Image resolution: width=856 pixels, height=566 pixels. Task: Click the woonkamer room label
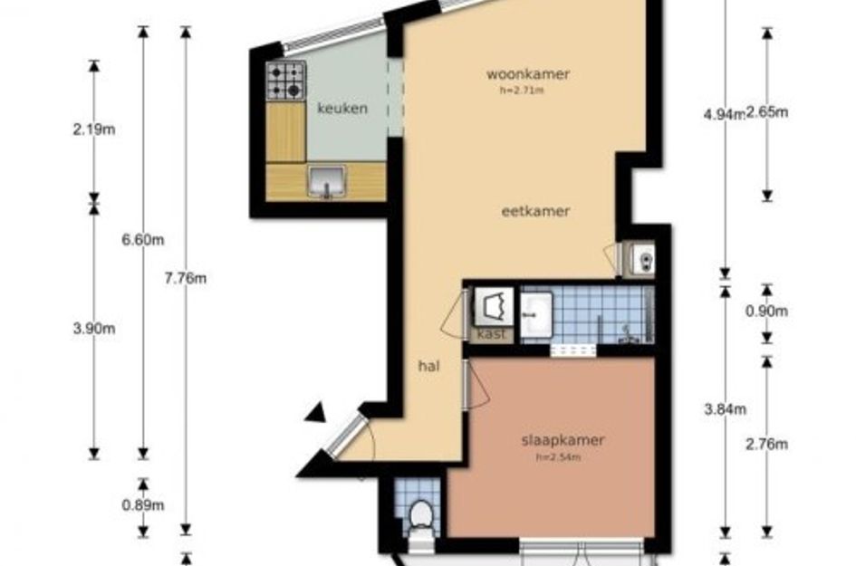pos(528,74)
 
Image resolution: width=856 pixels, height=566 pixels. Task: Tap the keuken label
pos(342,108)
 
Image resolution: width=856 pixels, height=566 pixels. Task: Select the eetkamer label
pos(535,211)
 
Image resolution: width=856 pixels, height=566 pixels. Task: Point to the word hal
pos(429,366)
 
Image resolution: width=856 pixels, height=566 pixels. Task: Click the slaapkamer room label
pos(563,440)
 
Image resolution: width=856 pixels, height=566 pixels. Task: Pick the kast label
pos(491,334)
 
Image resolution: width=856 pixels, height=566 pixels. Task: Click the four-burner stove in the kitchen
pos(286,81)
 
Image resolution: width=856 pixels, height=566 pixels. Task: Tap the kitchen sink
pos(327,181)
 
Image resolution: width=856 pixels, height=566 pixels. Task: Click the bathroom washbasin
pos(536,315)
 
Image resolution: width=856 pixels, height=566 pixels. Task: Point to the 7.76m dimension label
pos(186,278)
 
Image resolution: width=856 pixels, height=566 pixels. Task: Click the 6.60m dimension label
pos(143,240)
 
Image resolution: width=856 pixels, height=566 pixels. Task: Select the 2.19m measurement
pos(94,130)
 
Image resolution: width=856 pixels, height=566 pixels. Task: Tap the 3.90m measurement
pos(94,329)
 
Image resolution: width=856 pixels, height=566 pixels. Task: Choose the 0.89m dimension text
pos(143,505)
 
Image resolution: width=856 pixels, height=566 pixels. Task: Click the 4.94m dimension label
pos(725,115)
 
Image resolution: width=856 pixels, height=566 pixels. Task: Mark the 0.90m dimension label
pos(767,312)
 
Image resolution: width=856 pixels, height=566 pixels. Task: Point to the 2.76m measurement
pos(767,445)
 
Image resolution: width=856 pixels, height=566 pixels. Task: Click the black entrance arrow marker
pos(316,413)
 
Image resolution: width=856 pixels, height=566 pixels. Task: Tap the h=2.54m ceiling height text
pos(559,457)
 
